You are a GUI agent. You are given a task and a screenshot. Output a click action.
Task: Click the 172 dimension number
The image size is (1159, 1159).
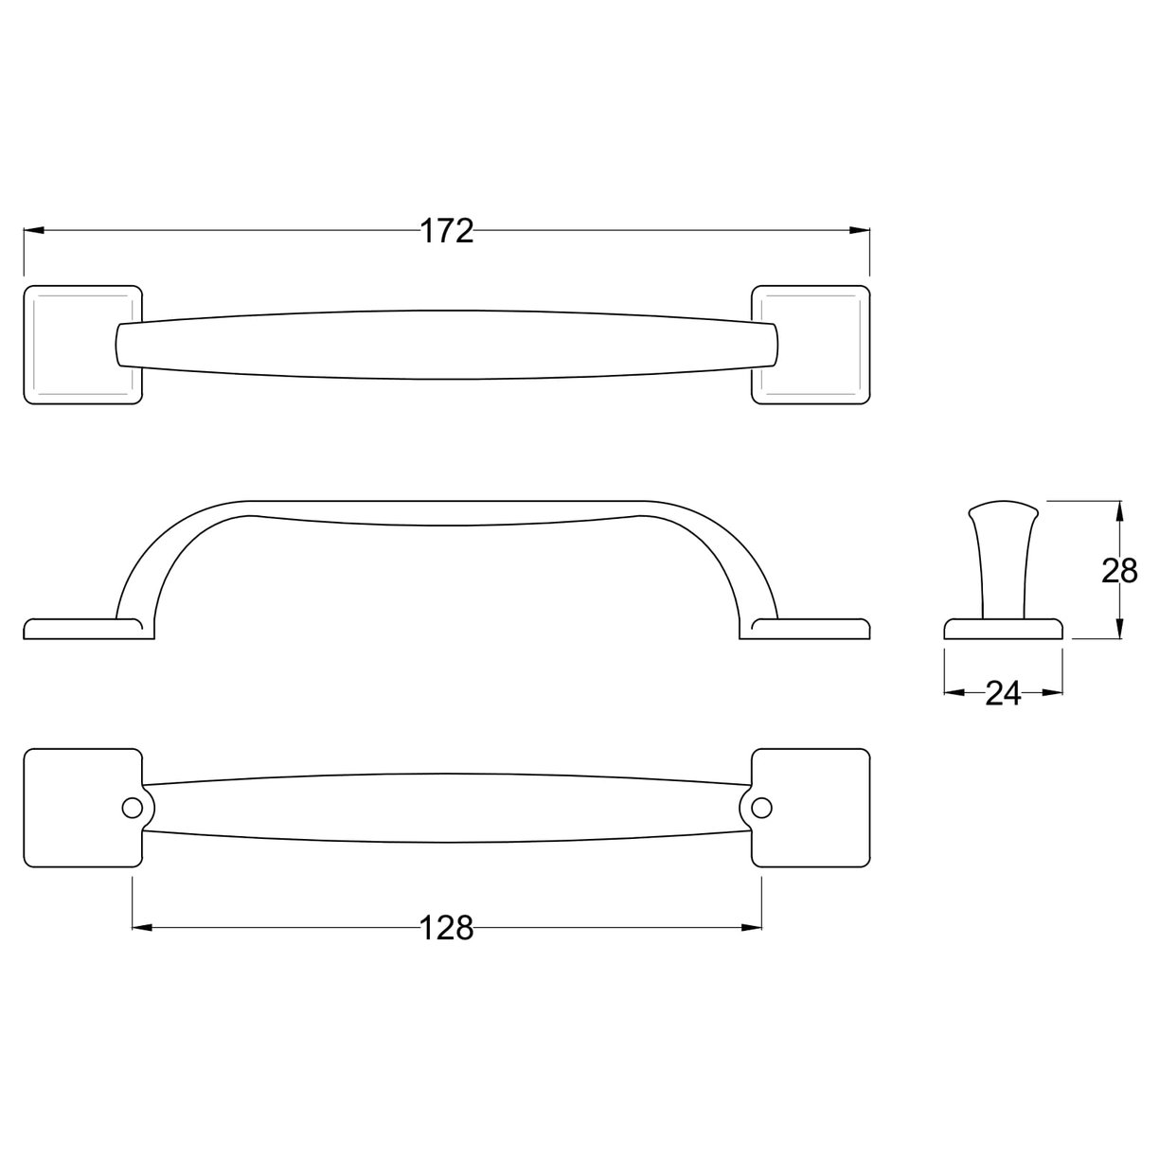[446, 230]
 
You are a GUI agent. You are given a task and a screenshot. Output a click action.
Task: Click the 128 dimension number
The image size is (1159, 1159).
[446, 928]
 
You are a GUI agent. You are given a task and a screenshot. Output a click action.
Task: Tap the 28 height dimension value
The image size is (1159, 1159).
[1119, 571]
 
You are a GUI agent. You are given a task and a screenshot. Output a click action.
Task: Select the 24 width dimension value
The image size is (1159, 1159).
[1003, 694]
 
